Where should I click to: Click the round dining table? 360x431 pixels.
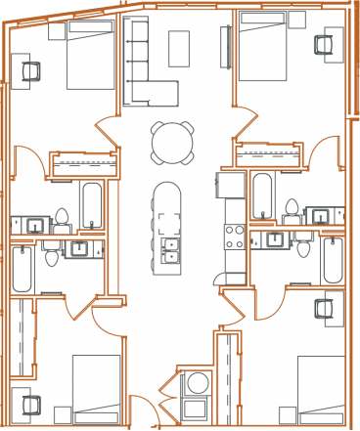point(170,143)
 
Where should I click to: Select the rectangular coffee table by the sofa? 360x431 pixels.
point(178,48)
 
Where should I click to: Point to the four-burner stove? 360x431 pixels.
point(236,236)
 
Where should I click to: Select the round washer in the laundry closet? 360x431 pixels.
point(196,382)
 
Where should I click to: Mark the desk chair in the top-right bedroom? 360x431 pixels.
point(324,43)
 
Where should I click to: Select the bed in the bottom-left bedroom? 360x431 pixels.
point(97,387)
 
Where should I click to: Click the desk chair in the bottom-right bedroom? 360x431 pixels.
point(324,309)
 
